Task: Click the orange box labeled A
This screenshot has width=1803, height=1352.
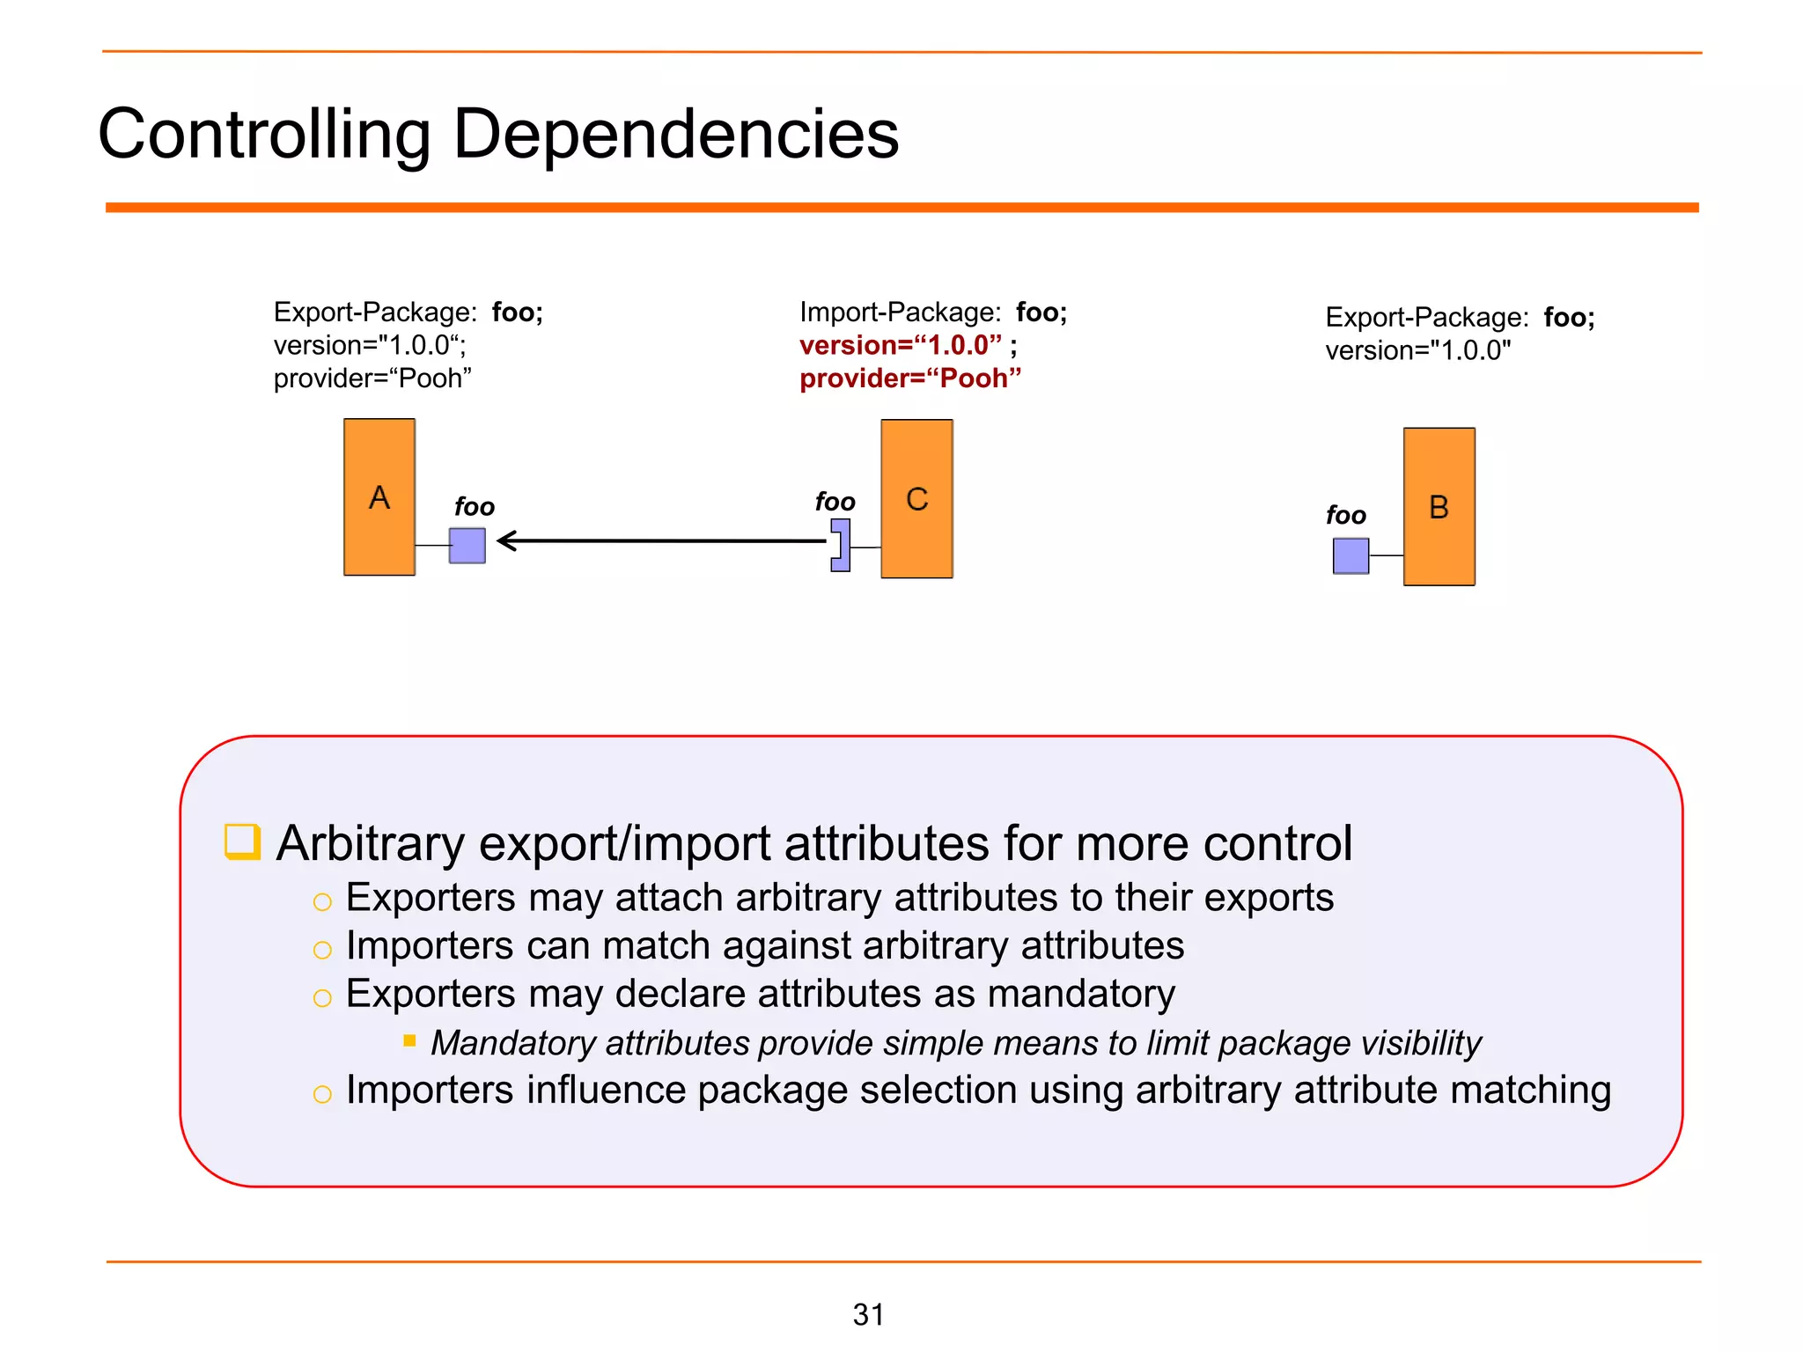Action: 379,497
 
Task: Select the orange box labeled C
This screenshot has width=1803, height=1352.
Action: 916,499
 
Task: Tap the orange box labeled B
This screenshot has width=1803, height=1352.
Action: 1439,507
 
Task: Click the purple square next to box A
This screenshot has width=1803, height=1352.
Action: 467,546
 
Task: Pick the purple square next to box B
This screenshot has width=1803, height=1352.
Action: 1350,555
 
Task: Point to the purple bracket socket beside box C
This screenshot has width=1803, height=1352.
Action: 841,545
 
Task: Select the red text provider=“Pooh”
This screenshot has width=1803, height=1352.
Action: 909,378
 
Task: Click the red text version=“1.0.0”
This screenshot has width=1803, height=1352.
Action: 900,345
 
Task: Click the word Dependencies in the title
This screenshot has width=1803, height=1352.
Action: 675,134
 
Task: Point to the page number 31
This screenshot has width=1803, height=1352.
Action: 868,1314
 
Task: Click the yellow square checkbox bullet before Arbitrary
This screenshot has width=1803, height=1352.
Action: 242,841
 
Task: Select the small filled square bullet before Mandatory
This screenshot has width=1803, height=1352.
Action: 409,1040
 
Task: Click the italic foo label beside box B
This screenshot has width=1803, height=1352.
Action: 1345,515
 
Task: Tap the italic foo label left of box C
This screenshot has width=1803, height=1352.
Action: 835,502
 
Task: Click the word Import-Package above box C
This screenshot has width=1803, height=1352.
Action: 900,312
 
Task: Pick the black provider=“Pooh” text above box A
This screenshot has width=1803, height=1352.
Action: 372,378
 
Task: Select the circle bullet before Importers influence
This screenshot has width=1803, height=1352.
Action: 322,1094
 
